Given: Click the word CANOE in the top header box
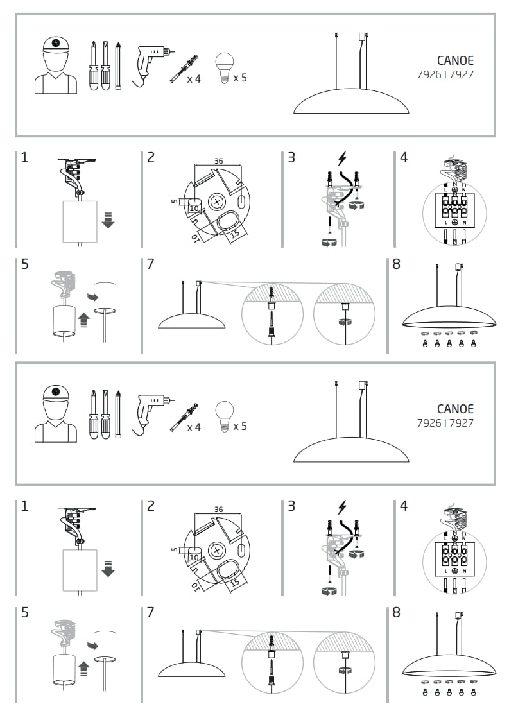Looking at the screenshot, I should click(456, 61).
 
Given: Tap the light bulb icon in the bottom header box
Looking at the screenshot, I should click(223, 415).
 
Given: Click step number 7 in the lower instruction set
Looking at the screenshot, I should click(150, 612).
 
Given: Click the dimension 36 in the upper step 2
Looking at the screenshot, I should click(218, 161).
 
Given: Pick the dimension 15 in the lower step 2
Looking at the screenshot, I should click(236, 582).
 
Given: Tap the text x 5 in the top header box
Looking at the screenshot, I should click(240, 78).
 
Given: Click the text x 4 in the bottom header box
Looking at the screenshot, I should click(194, 427).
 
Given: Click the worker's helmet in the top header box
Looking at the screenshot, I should click(56, 45).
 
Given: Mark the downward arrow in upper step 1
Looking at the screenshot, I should click(108, 221).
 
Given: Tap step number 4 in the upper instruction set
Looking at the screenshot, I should click(403, 157).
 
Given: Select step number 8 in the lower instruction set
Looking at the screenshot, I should click(396, 612).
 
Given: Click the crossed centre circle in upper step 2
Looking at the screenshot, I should click(216, 202).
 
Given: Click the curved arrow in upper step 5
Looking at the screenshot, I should click(90, 296).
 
